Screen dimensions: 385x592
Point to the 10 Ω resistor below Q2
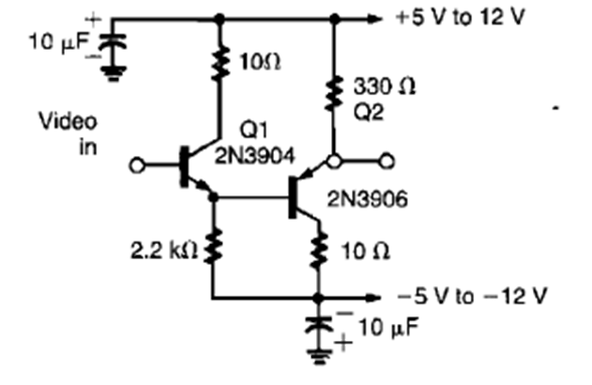(321, 249)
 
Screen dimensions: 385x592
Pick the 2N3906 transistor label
(364, 200)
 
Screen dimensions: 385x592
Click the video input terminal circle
(139, 165)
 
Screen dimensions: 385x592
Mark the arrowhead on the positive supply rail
(375, 18)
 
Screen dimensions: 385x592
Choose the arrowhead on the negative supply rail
(375, 298)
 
